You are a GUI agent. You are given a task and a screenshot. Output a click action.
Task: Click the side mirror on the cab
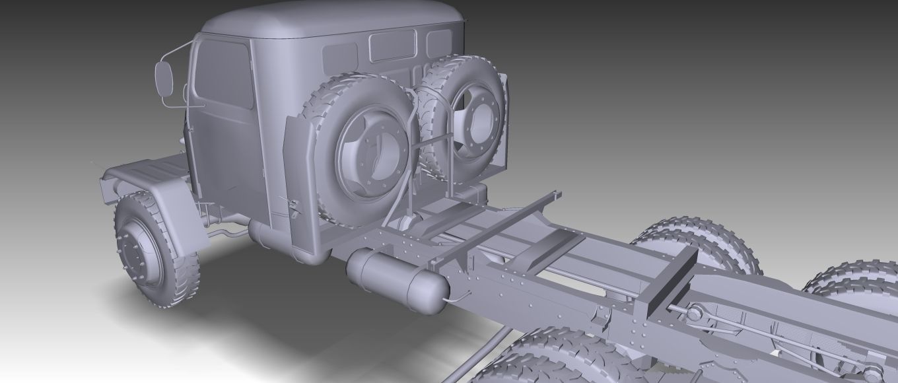pyautogui.click(x=165, y=79)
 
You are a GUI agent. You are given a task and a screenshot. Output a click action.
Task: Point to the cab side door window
pyautogui.click(x=224, y=73)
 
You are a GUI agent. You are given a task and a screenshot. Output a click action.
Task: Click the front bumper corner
pyautogui.click(x=109, y=188)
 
